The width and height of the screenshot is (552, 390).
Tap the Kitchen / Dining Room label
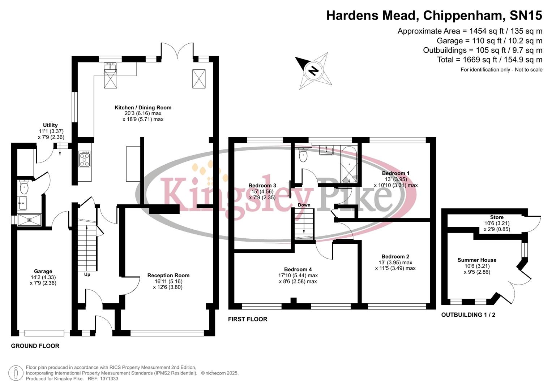[x=143, y=108]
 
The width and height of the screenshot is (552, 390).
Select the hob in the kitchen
[x=85, y=159]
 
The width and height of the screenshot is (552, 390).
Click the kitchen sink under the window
[x=110, y=68]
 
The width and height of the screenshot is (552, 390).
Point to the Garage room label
[x=43, y=272]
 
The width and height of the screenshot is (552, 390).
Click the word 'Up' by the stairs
[x=87, y=274]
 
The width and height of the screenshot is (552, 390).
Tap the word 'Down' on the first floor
[x=304, y=205]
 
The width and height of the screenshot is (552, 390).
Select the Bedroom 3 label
[x=262, y=186]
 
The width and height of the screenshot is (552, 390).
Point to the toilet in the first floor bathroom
[x=303, y=156]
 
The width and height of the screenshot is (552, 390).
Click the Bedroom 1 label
[x=395, y=173]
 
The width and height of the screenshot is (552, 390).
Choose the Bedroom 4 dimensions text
[x=298, y=278]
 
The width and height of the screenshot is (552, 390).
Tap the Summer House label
[x=477, y=260]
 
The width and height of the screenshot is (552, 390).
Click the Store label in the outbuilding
[x=497, y=217]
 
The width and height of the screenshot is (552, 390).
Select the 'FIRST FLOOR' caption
[x=248, y=319]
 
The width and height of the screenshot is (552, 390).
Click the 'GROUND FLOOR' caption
[x=35, y=346]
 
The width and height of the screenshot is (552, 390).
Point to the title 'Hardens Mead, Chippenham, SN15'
[x=434, y=16]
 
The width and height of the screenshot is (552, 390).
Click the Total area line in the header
[x=489, y=60]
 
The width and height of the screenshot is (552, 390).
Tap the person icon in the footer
[x=16, y=373]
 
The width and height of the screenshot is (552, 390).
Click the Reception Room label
[x=168, y=276]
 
